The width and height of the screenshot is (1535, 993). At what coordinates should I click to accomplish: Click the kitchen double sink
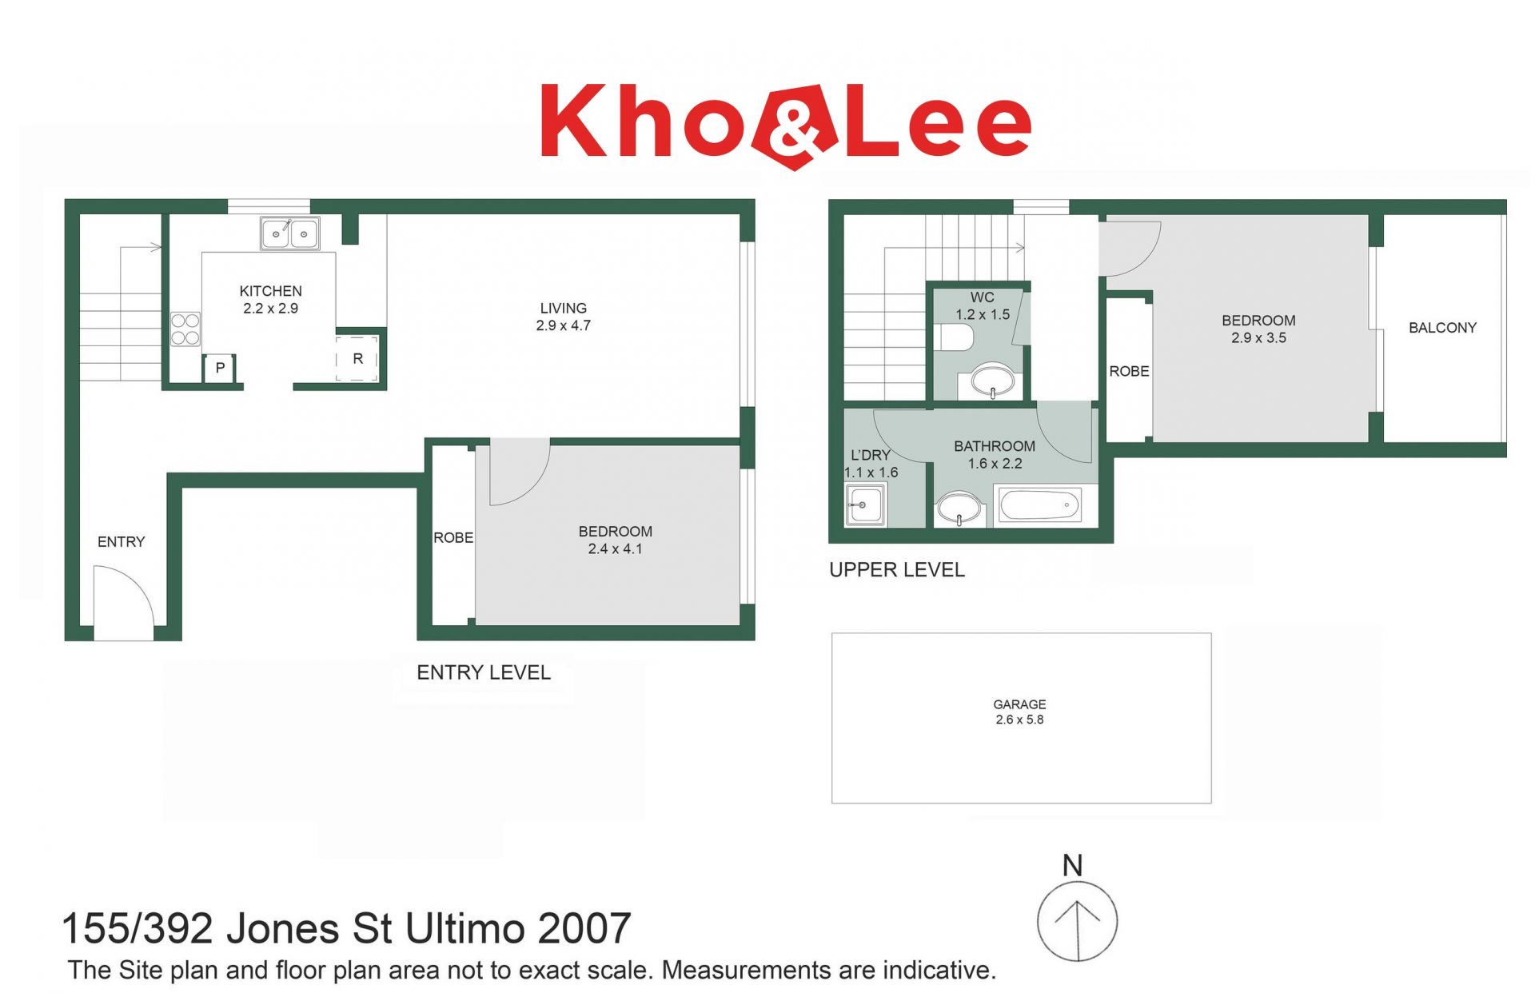point(289,233)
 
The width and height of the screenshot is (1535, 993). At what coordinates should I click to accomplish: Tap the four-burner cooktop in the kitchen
point(185,329)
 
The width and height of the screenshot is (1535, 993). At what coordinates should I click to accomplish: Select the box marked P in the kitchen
point(220,368)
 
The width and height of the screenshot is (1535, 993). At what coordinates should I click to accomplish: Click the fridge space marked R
point(357,358)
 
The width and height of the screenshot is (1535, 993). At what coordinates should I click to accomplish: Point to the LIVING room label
point(563,308)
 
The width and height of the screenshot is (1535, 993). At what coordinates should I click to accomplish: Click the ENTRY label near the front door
point(122,542)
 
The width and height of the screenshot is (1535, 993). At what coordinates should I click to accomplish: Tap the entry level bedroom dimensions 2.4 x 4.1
point(615,549)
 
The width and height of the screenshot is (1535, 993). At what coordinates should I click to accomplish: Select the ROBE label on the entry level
point(453,538)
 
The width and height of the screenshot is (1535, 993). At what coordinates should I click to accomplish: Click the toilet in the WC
point(954,337)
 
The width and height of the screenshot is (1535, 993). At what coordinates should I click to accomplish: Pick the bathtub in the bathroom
point(1039,506)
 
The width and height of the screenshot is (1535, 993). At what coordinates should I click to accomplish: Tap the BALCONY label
point(1442,328)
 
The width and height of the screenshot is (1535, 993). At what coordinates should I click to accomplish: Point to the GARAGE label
point(1019,704)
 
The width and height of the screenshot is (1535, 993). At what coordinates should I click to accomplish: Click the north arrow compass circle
point(1077,922)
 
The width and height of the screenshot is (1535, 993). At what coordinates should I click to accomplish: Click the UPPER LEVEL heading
point(897,570)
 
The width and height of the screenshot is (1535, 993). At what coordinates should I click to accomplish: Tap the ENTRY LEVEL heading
point(484,673)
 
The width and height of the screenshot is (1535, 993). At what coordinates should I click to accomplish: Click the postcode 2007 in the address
point(584,929)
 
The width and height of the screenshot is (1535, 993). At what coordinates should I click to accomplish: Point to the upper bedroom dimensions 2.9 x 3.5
point(1258,338)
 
